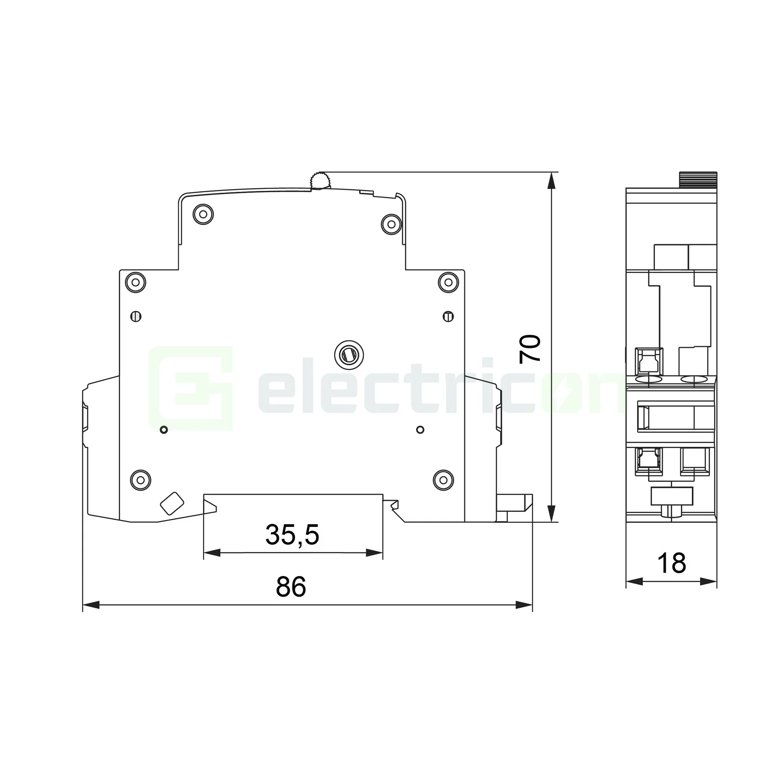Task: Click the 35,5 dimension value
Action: [x=292, y=535]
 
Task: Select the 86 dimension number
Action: [x=291, y=587]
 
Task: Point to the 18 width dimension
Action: [x=672, y=563]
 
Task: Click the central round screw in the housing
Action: [x=348, y=353]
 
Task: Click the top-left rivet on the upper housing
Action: [x=203, y=214]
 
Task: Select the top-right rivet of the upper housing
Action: [x=391, y=224]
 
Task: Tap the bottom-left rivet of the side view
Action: [x=140, y=479]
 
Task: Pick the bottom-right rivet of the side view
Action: [x=443, y=479]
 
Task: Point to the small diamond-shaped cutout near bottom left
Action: [x=172, y=503]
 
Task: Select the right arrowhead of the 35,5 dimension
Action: [x=374, y=553]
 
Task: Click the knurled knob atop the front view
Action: [x=698, y=179]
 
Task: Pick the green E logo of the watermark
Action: [x=191, y=388]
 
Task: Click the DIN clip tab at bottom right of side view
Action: [x=515, y=503]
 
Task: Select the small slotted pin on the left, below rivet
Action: [x=136, y=316]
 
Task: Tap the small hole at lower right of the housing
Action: [x=420, y=429]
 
